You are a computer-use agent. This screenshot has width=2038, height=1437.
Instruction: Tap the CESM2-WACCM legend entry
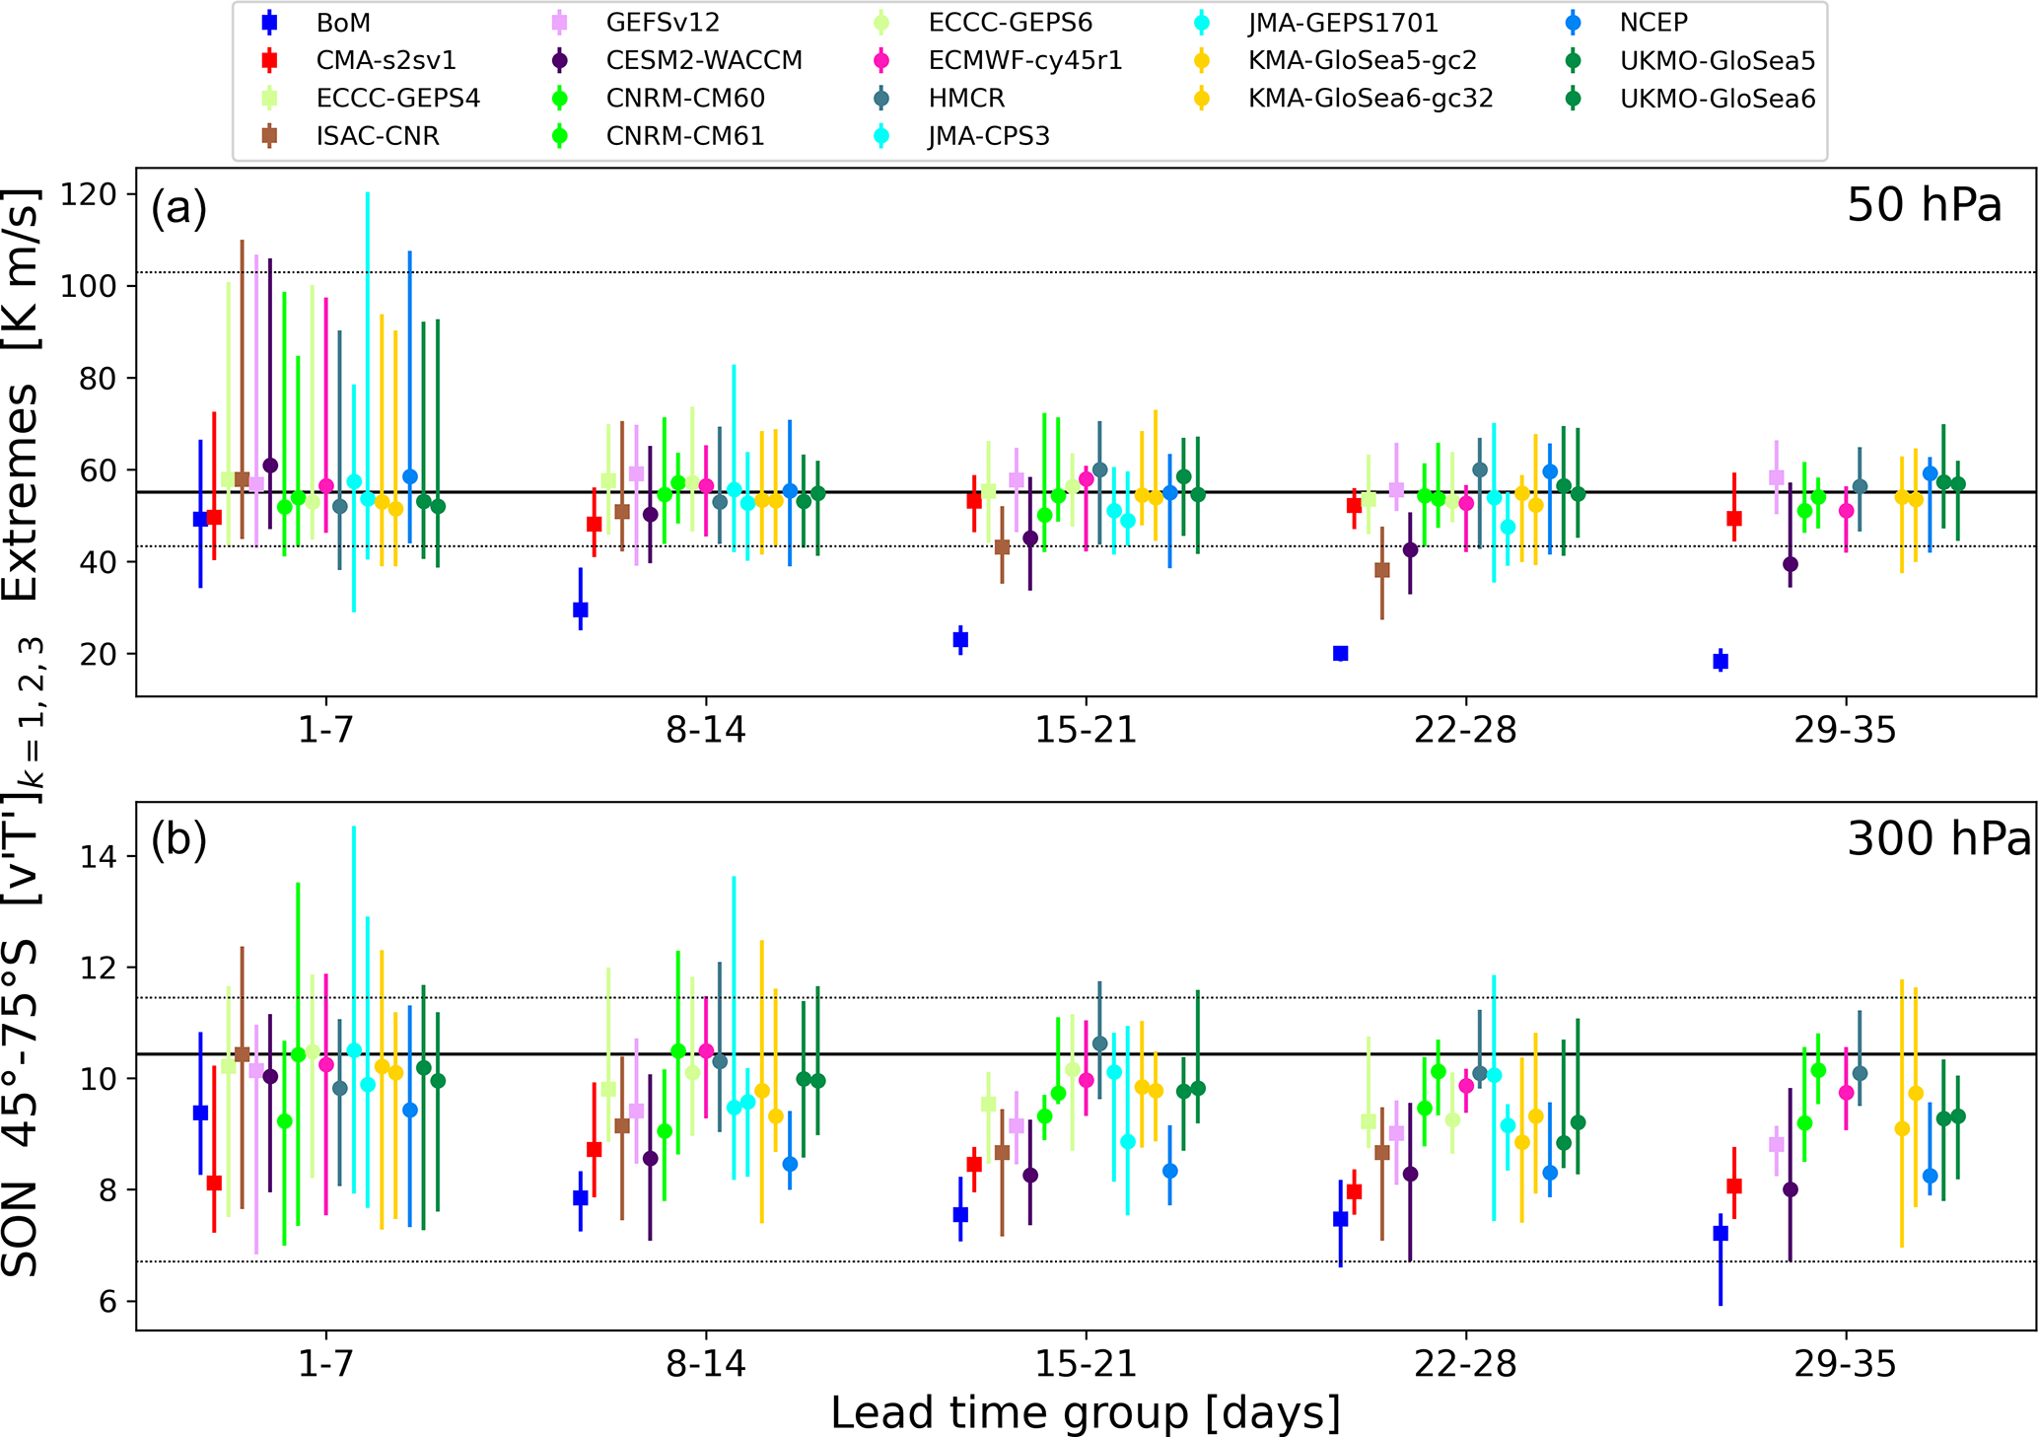pyautogui.click(x=704, y=60)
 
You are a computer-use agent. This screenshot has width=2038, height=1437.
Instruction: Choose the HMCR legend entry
pyautogui.click(x=966, y=99)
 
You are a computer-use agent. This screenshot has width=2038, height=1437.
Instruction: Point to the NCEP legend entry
pyautogui.click(x=1653, y=22)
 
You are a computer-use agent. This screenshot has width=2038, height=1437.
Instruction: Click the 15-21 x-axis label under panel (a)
pyautogui.click(x=1086, y=731)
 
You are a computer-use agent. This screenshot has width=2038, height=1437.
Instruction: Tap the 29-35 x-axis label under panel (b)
pyautogui.click(x=1845, y=1365)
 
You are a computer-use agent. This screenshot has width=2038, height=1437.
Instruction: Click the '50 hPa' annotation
pyautogui.click(x=1924, y=206)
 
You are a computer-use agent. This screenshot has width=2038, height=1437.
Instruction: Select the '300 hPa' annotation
pyautogui.click(x=1938, y=839)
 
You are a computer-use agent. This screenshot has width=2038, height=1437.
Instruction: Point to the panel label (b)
pyautogui.click(x=178, y=839)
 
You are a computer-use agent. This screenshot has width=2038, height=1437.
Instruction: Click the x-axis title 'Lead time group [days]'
pyautogui.click(x=1086, y=1412)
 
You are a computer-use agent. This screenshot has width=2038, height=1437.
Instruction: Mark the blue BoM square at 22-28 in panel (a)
pyautogui.click(x=1340, y=653)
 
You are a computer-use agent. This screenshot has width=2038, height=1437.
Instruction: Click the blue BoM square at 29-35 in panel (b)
pyautogui.click(x=1721, y=1233)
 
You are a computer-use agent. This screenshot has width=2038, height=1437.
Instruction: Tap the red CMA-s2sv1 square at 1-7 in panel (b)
pyautogui.click(x=214, y=1183)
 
